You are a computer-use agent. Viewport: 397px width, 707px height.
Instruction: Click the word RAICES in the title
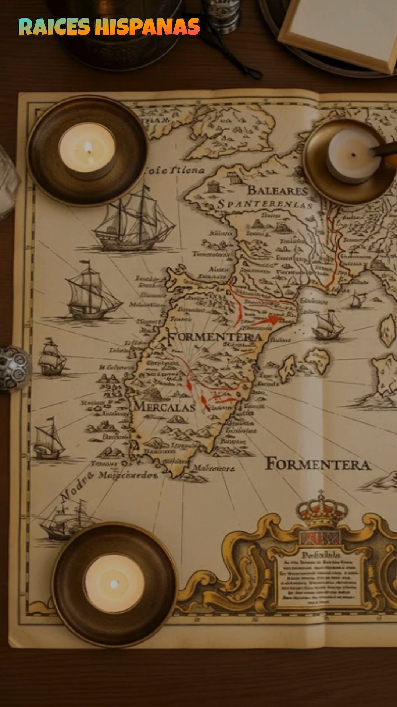(x=54, y=27)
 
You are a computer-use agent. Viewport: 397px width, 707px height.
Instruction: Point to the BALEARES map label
(x=278, y=190)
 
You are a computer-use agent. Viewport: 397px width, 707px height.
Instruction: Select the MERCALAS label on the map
(x=164, y=407)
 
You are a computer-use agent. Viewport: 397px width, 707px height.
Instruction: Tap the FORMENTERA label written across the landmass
(x=215, y=337)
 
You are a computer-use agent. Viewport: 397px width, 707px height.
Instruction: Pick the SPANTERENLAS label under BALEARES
(x=265, y=204)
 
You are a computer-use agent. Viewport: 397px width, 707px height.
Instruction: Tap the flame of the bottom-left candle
(x=114, y=584)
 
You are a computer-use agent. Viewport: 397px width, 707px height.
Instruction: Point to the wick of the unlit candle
(x=353, y=155)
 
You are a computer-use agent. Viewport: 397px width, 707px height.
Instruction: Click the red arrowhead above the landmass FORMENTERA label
(x=274, y=319)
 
